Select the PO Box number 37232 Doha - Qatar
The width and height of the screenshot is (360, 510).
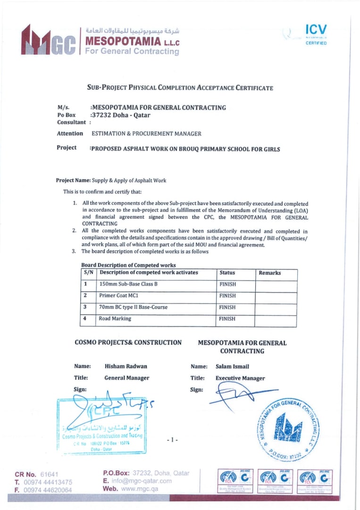[121, 115]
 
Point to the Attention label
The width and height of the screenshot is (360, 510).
[70, 134]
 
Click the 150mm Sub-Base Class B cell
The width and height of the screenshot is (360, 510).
[128, 284]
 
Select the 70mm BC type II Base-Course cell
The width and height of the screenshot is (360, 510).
[133, 307]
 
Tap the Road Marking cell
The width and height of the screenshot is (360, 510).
[115, 319]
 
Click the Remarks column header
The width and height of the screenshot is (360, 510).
[270, 273]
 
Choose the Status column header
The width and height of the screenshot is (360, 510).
[227, 273]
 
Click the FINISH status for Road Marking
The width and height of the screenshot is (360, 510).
[227, 319]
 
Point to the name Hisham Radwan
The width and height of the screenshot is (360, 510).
[125, 366]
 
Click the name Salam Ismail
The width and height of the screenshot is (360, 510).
[232, 366]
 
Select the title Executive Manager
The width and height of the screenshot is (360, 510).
[240, 378]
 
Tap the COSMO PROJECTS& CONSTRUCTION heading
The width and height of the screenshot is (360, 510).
[128, 342]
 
